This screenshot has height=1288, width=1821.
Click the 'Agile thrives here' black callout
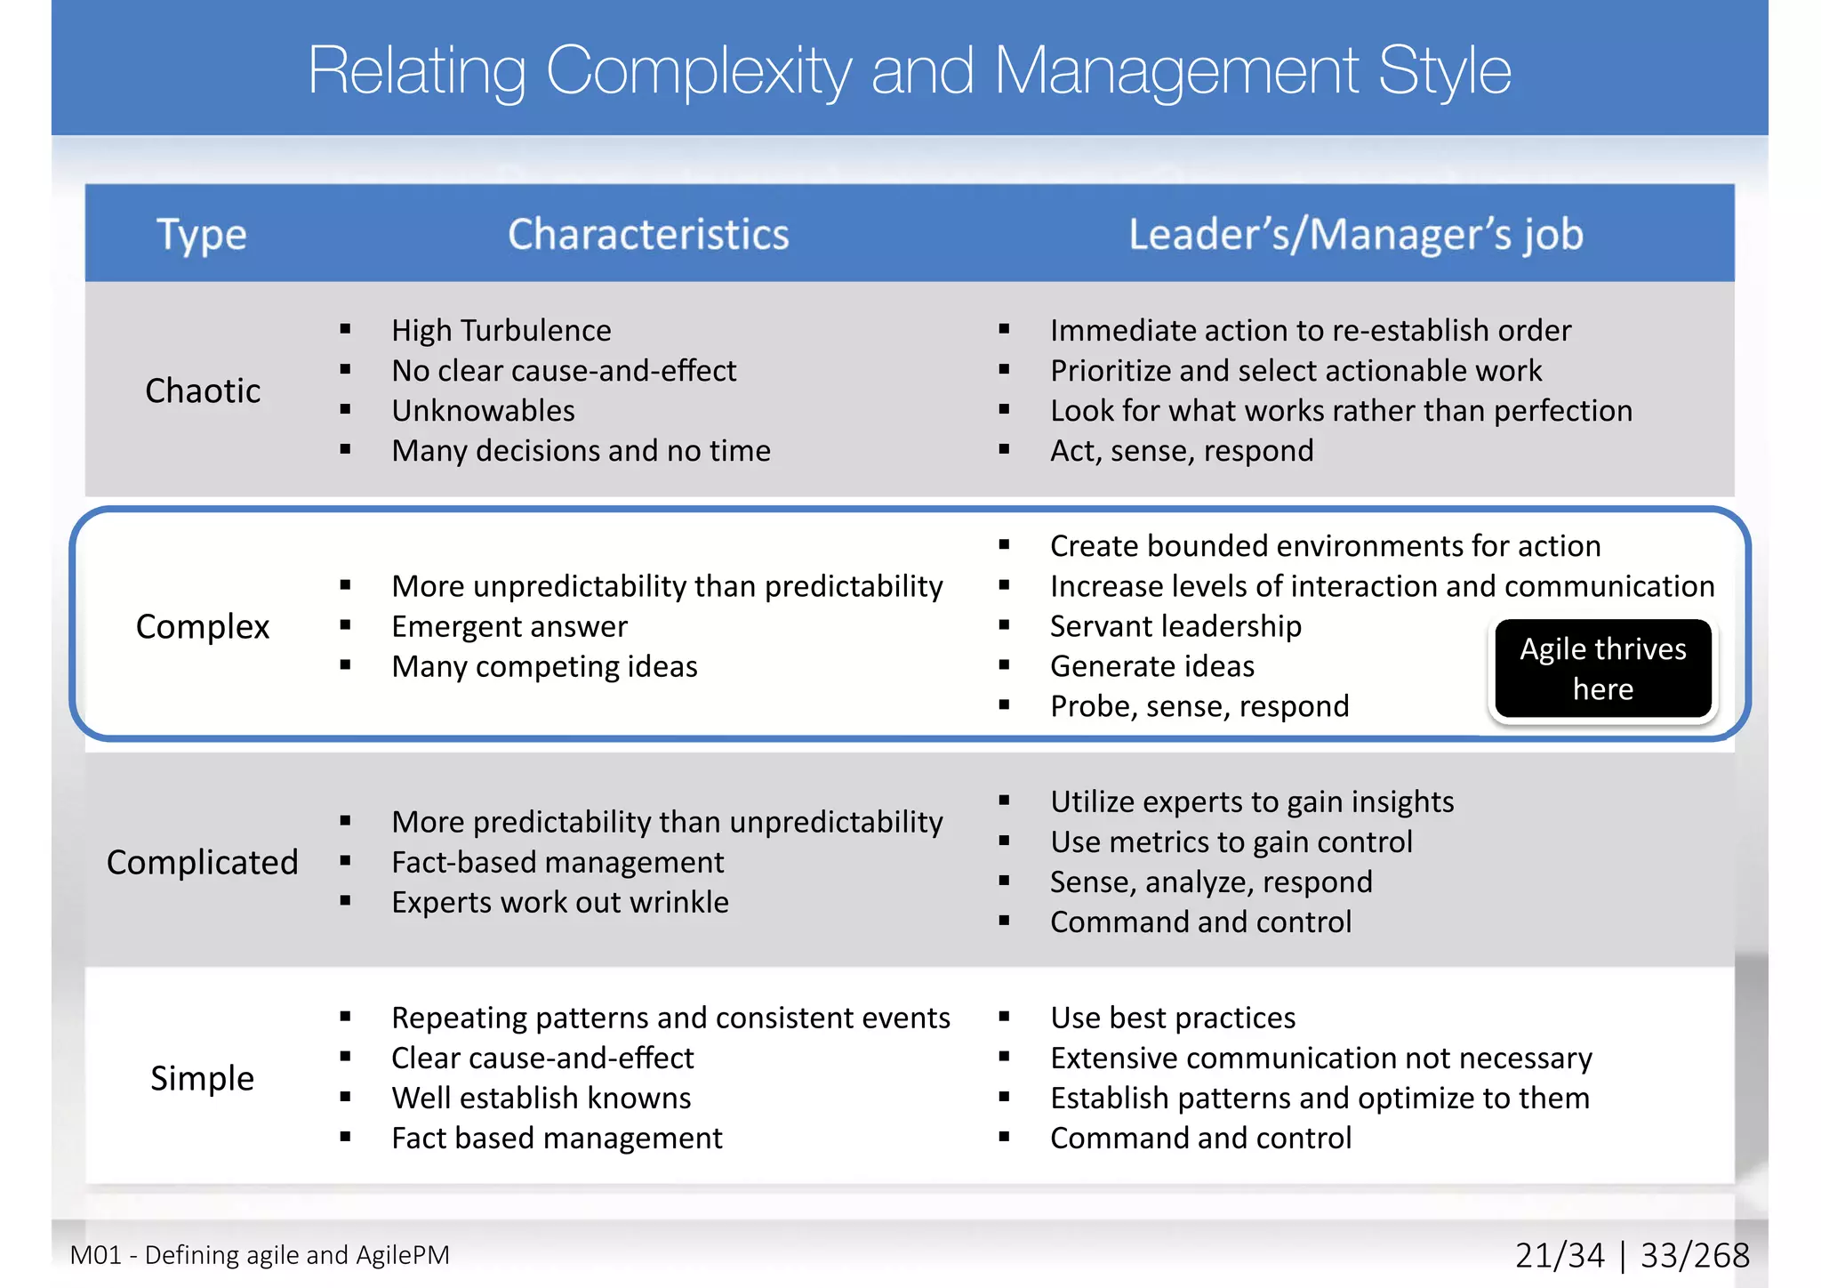1602,669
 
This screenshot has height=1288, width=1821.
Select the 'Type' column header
202,235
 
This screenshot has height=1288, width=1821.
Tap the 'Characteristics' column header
648,235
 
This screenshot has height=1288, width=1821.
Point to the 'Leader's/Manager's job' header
1355,235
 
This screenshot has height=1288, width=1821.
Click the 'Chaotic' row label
203,390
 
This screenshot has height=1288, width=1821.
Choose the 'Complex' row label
203,626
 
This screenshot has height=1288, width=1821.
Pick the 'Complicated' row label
203,862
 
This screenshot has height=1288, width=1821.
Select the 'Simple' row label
203,1078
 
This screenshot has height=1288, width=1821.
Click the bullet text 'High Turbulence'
501,331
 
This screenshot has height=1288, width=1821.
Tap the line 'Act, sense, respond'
1182,451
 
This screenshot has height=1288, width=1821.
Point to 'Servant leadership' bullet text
1175,626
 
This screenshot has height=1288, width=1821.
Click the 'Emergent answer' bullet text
509,627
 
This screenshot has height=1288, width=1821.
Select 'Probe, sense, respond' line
1199,706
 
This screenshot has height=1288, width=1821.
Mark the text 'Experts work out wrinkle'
560,903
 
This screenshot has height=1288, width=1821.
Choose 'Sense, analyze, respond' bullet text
1211,882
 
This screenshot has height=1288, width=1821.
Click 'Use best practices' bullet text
1173,1018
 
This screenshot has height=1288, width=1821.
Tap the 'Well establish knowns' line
541,1099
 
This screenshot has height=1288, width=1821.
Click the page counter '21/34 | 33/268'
1632,1255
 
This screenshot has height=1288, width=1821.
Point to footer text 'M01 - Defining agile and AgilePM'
260,1255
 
